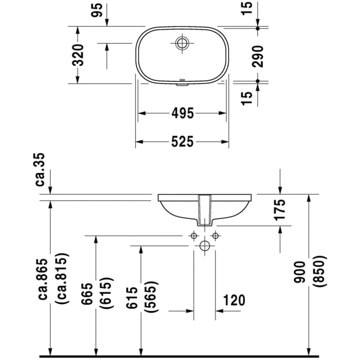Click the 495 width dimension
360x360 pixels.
(182, 113)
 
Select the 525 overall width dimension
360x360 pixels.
(182, 142)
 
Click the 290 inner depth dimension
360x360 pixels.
(258, 55)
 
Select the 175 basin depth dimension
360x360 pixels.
(280, 209)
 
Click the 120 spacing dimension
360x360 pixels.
(234, 300)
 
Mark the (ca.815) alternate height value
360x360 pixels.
(62, 279)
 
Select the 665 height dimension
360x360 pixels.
(88, 294)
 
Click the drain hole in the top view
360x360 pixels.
(182, 43)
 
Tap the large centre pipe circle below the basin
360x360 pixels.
(205, 245)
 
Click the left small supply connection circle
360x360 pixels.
(194, 236)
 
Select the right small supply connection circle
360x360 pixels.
(215, 236)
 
